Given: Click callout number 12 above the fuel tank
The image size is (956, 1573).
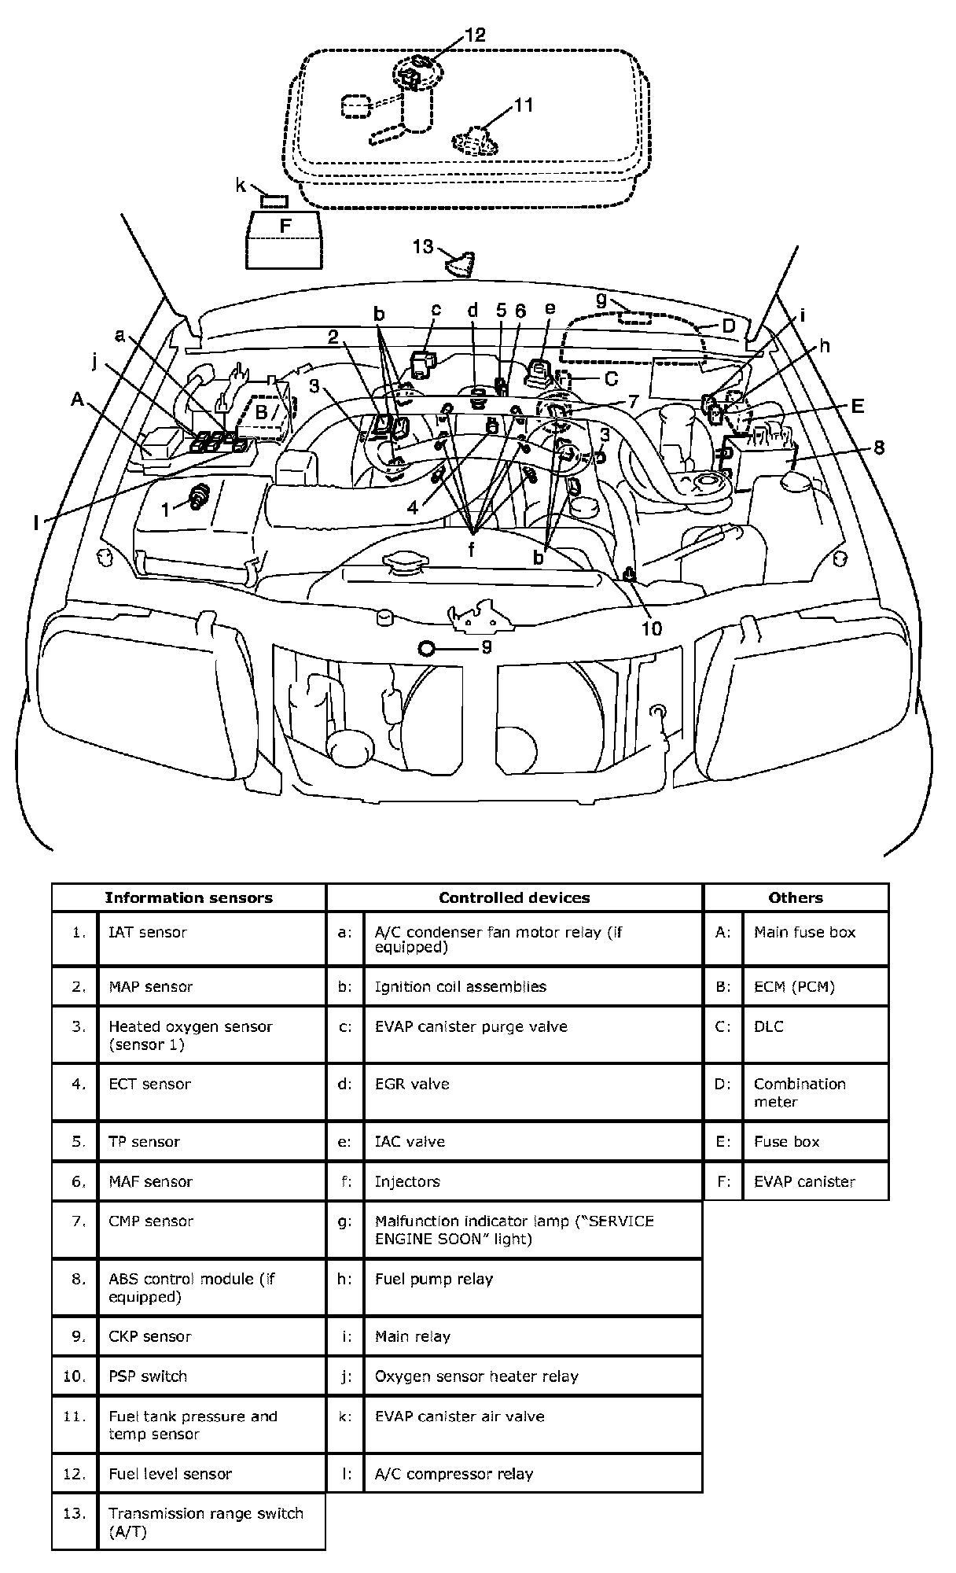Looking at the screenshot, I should [475, 35].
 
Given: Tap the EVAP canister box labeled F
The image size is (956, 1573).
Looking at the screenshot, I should [284, 239].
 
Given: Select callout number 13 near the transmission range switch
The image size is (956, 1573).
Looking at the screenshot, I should [423, 247].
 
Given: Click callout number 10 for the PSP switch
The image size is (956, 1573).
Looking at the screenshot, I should [652, 628].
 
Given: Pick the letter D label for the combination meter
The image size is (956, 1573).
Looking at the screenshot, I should [728, 325].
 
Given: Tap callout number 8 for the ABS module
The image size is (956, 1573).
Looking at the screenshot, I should [878, 448].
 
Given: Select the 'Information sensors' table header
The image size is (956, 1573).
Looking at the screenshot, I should [189, 897].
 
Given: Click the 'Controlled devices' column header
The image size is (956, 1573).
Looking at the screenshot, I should [514, 897].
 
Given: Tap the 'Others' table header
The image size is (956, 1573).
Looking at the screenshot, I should [796, 897].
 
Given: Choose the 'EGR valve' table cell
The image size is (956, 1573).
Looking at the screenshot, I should [412, 1084].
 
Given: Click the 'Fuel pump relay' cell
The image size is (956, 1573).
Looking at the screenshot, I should [433, 1279].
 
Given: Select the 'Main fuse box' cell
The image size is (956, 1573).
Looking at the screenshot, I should [804, 932].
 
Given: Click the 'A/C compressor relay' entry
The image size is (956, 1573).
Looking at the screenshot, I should [454, 1474].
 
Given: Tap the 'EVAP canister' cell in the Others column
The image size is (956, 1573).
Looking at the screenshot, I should [804, 1181].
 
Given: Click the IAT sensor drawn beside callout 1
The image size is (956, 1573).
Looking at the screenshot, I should [200, 496].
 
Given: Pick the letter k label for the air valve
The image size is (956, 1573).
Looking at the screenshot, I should [241, 186].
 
